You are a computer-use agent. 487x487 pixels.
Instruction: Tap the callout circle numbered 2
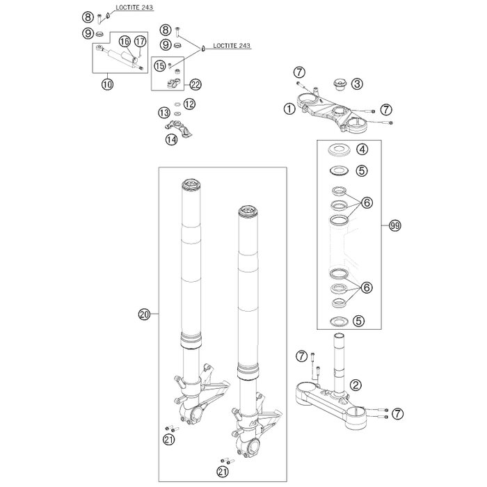pyautogui.click(x=356, y=384)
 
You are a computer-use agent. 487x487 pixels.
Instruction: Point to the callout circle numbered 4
pyautogui.click(x=361, y=149)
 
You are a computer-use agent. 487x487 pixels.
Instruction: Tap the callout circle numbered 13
pyautogui.click(x=163, y=112)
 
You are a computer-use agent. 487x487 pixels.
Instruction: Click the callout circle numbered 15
pyautogui.click(x=160, y=65)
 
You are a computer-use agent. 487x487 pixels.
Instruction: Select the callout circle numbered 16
pyautogui.click(x=125, y=42)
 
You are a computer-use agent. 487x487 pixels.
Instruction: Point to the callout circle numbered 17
pyautogui.click(x=140, y=42)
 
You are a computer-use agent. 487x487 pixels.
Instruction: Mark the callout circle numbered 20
pyautogui.click(x=144, y=314)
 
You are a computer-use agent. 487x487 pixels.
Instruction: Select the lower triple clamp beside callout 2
pyautogui.click(x=337, y=399)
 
